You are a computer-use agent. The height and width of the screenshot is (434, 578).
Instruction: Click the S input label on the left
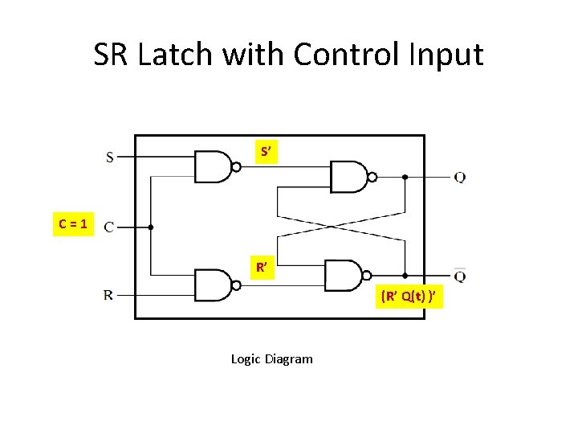coord(110,157)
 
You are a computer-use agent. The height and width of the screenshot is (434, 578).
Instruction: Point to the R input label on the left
coord(109,295)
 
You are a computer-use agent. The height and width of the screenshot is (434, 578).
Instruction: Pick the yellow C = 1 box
coord(74,223)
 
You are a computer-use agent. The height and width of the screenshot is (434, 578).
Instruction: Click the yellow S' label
coord(267,152)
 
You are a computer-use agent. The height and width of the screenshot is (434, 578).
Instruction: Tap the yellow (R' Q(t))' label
coord(409,297)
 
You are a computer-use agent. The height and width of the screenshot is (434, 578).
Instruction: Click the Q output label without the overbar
coord(459,178)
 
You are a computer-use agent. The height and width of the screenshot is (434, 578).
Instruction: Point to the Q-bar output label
coord(459,276)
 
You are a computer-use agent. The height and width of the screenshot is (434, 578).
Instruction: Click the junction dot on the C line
coord(151,227)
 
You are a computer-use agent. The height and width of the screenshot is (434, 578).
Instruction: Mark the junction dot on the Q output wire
coord(405,177)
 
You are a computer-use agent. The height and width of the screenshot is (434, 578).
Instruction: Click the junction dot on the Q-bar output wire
coord(405,275)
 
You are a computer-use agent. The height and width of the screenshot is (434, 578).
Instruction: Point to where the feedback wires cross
coord(340,227)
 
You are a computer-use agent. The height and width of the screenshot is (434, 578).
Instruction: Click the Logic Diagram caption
coord(271,359)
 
